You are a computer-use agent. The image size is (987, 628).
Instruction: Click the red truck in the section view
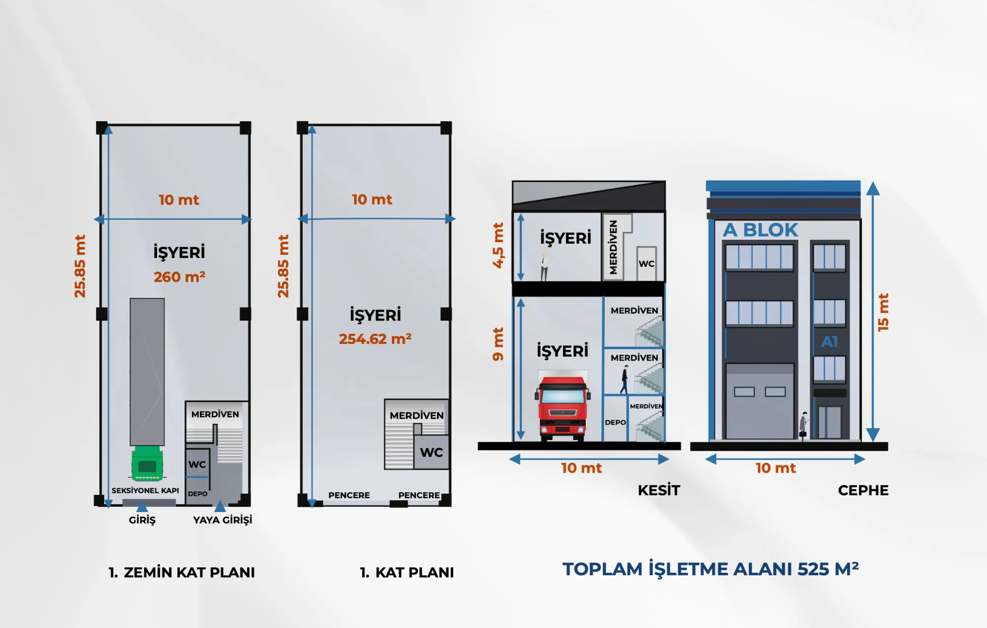[563, 408]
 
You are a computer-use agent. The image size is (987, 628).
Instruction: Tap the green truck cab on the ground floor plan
[147, 463]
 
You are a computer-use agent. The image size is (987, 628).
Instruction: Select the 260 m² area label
[180, 277]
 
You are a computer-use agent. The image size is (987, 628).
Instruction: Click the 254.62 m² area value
[375, 339]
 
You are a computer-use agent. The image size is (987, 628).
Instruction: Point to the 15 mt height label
[883, 312]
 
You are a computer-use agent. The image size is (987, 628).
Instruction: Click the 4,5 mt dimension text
[498, 245]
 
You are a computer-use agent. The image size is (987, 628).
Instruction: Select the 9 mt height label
[498, 344]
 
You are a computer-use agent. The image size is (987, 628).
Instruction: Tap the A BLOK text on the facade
[760, 230]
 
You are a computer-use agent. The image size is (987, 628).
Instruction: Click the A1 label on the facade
[830, 341]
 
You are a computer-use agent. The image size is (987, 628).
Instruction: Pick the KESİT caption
[659, 490]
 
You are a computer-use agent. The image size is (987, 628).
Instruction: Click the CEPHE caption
[863, 490]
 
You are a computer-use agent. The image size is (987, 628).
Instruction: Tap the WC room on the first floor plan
[431, 452]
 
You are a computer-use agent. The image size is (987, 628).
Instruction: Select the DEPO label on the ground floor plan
[197, 493]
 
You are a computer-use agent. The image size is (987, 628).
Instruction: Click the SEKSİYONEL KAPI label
[145, 490]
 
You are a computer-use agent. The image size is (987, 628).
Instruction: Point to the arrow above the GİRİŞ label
[142, 506]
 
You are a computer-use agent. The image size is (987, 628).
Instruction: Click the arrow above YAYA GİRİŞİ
[220, 506]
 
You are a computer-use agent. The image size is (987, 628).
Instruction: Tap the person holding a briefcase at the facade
[803, 426]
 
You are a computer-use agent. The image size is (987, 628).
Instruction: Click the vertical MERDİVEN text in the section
[613, 247]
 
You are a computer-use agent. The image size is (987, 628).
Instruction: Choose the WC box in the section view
[646, 263]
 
